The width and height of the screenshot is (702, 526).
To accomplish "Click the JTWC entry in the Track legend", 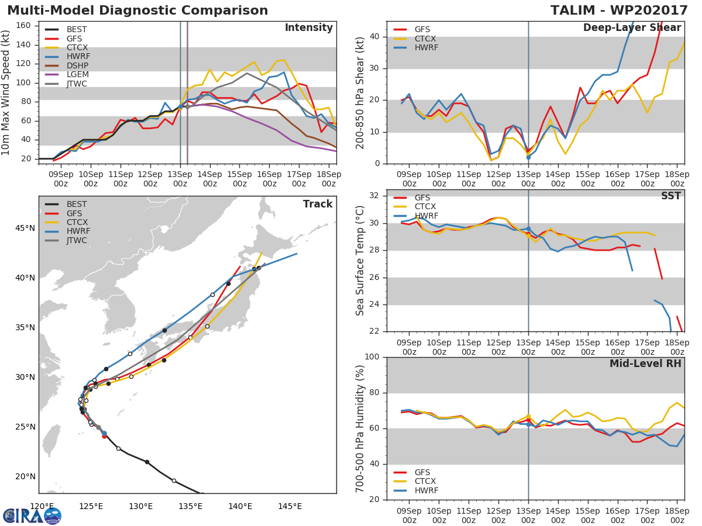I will [x=77, y=241].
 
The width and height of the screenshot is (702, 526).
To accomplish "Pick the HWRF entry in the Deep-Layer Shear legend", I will [x=426, y=47].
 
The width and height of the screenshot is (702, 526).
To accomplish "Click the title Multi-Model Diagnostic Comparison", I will [x=137, y=11].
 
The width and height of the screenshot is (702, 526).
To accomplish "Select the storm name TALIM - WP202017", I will [x=619, y=11].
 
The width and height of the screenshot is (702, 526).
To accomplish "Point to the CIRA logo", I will [x=32, y=515].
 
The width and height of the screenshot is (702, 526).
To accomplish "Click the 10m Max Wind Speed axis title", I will [x=6, y=92].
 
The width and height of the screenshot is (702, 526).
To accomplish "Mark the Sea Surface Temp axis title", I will [x=360, y=261].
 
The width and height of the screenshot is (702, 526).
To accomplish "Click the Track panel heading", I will [x=317, y=204].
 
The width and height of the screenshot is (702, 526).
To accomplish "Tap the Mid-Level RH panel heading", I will [x=645, y=364].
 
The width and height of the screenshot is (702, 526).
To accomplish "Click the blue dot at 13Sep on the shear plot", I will [x=528, y=157].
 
